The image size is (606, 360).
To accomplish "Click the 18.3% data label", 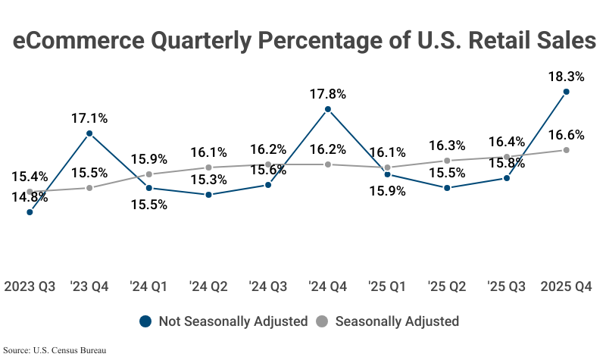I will (566, 77).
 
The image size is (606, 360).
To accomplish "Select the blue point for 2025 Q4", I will (566, 92).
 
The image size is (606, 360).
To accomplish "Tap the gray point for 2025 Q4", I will (566, 150).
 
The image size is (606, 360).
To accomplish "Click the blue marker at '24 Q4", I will (328, 109).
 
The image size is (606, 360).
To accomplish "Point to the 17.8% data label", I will (328, 94).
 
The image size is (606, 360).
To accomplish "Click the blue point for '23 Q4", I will (89, 133).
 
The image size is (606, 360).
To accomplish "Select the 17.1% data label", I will (89, 118).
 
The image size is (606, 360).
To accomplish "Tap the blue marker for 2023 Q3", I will (30, 212).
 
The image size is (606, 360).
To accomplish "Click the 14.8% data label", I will (30, 197).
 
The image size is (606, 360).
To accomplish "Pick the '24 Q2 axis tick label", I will (209, 286).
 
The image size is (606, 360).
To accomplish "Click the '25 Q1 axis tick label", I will (388, 286).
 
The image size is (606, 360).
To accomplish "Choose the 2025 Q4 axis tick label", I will (566, 286).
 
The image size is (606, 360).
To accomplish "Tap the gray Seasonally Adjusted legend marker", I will (321, 321).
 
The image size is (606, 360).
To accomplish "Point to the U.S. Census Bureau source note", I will (55, 350).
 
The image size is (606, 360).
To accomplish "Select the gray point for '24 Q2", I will (209, 167).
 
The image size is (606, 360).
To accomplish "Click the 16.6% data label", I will (566, 135).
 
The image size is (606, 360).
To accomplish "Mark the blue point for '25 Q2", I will (447, 187).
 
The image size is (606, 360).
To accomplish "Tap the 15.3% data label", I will (209, 180).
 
